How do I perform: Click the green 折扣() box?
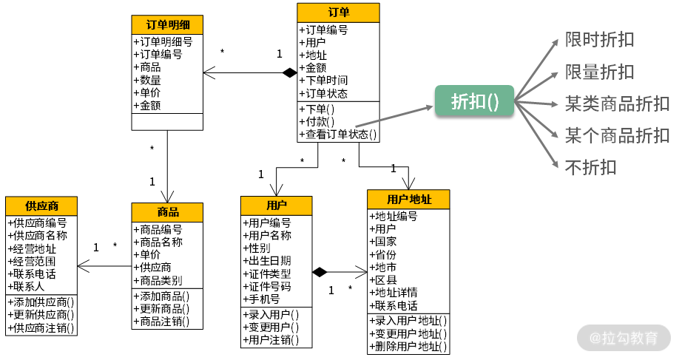[x=473, y=101]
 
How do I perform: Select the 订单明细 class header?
[x=167, y=24]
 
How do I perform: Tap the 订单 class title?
[x=339, y=13]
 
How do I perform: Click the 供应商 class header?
[x=41, y=206]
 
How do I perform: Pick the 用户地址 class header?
[x=408, y=200]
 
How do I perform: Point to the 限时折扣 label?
[x=599, y=39]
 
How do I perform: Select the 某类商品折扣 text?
[x=617, y=103]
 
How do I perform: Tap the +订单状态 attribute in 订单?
[x=323, y=94]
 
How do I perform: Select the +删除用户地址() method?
[x=408, y=346]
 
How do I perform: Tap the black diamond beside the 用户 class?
[x=320, y=272]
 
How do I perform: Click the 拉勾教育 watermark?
[x=624, y=339]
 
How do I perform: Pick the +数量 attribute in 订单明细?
[x=147, y=80]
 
